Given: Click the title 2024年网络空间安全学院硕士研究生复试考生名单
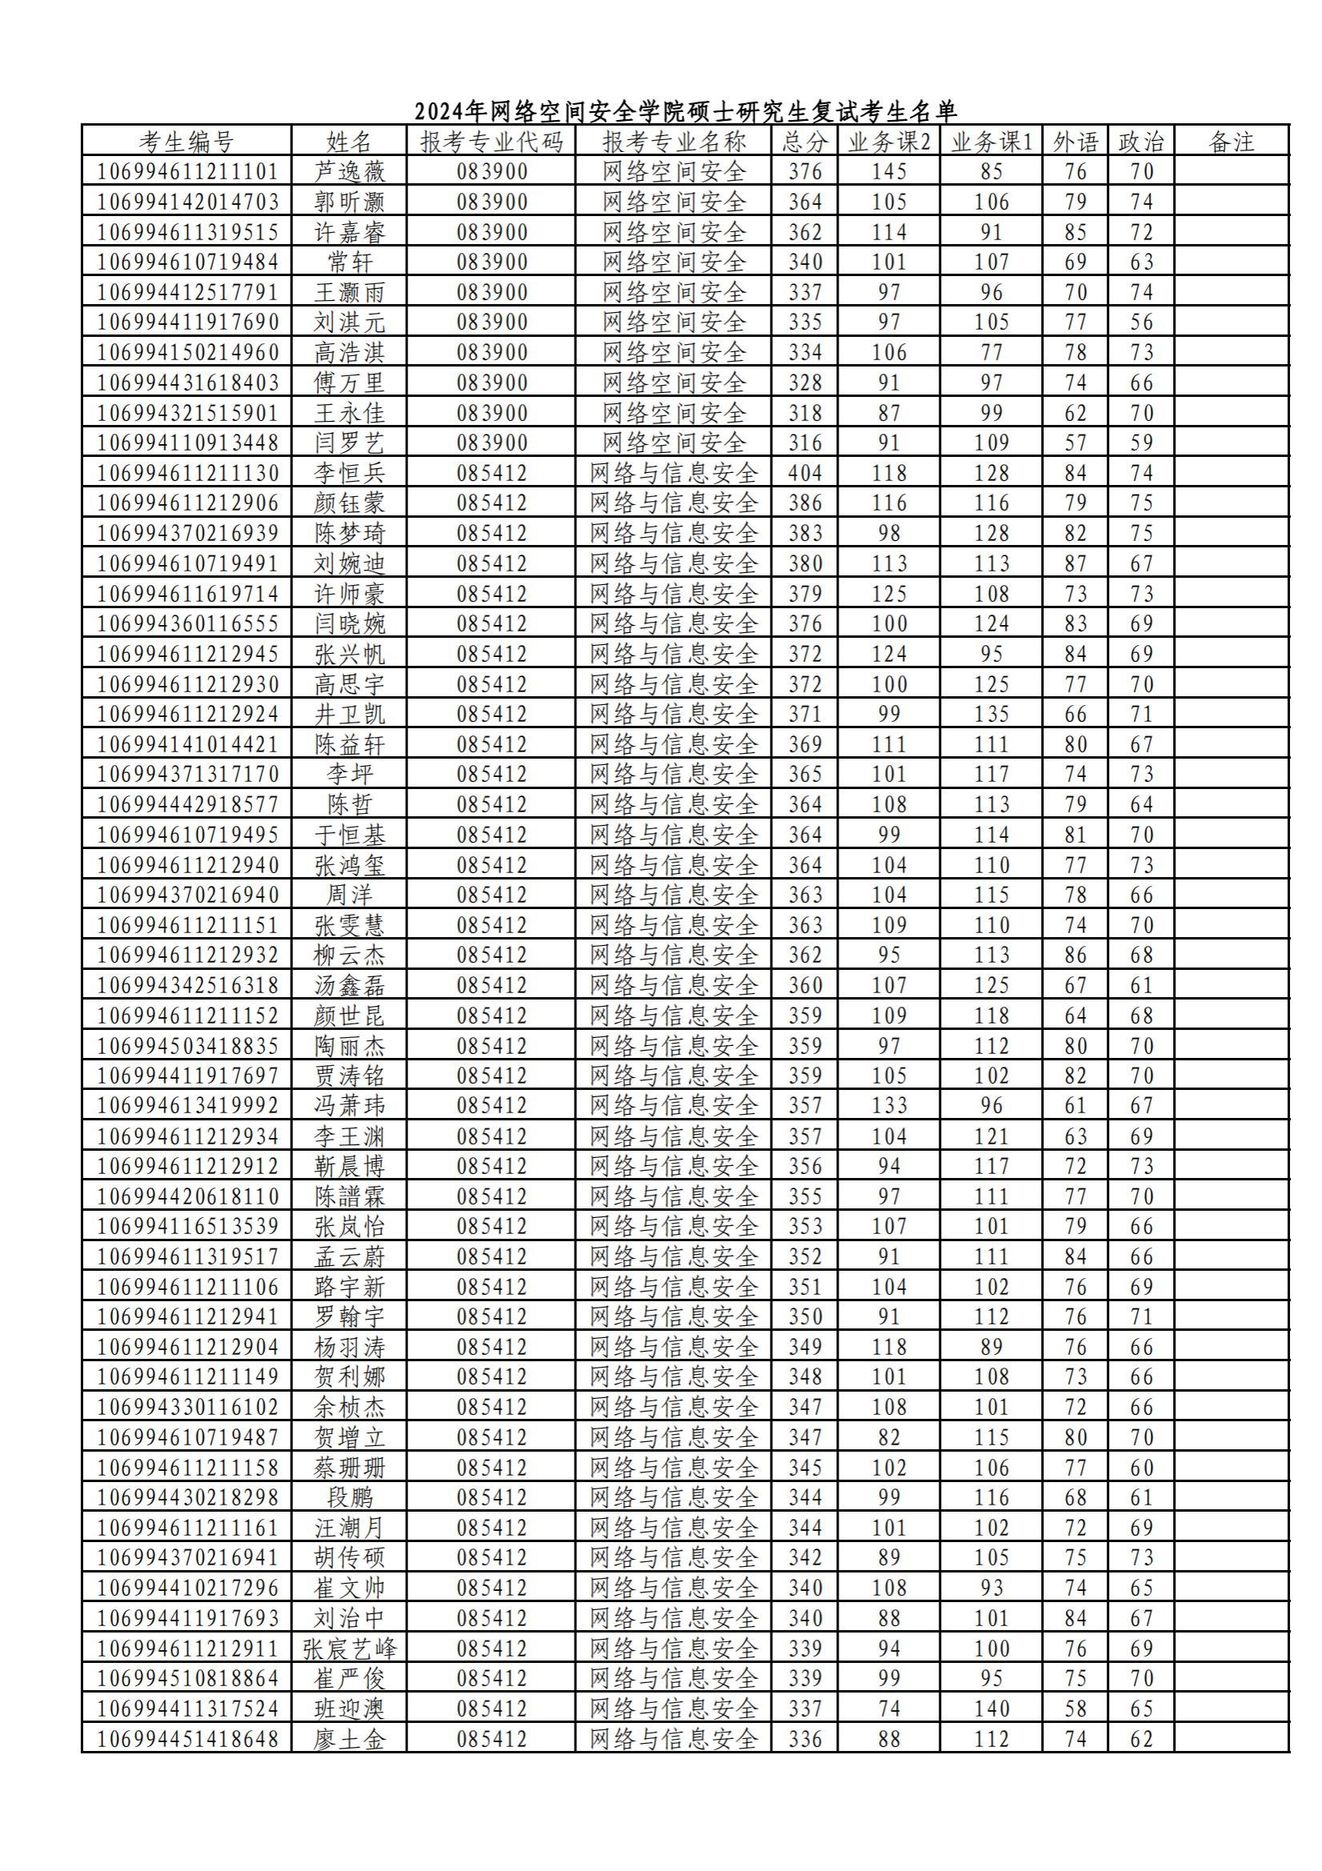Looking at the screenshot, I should (686, 110).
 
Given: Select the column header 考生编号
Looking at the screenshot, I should (186, 142).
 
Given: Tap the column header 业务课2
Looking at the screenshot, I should (888, 142).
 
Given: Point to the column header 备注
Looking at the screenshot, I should (1231, 142).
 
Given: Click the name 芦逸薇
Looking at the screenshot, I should (349, 172).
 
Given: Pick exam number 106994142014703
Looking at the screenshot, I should (187, 202).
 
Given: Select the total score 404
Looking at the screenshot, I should (804, 474).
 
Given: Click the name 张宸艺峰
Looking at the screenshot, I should (349, 1649).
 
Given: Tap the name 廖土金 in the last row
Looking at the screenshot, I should (349, 1740).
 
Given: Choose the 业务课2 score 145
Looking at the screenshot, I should (888, 172).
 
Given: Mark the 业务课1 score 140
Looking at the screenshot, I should (991, 1709).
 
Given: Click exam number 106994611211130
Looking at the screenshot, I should (187, 474).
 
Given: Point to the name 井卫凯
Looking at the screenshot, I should (349, 715).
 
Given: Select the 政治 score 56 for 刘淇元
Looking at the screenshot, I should (1141, 323).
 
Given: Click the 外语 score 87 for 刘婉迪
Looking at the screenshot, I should (1075, 564).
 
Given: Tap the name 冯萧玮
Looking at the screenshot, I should (349, 1107).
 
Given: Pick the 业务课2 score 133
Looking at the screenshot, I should (888, 1107).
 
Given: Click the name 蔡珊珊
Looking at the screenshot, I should (349, 1468).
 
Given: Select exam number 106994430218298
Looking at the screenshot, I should (187, 1498).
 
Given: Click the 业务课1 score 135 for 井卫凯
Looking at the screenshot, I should (991, 715).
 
